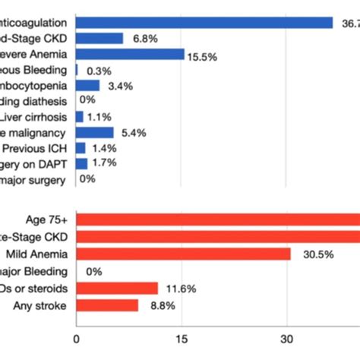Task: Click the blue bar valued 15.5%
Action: pos(130,54)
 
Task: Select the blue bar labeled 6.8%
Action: pos(99,38)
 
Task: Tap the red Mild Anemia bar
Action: pos(183,254)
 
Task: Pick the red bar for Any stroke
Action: pos(107,305)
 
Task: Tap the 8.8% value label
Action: pos(157,305)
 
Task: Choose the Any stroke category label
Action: pos(39,305)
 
